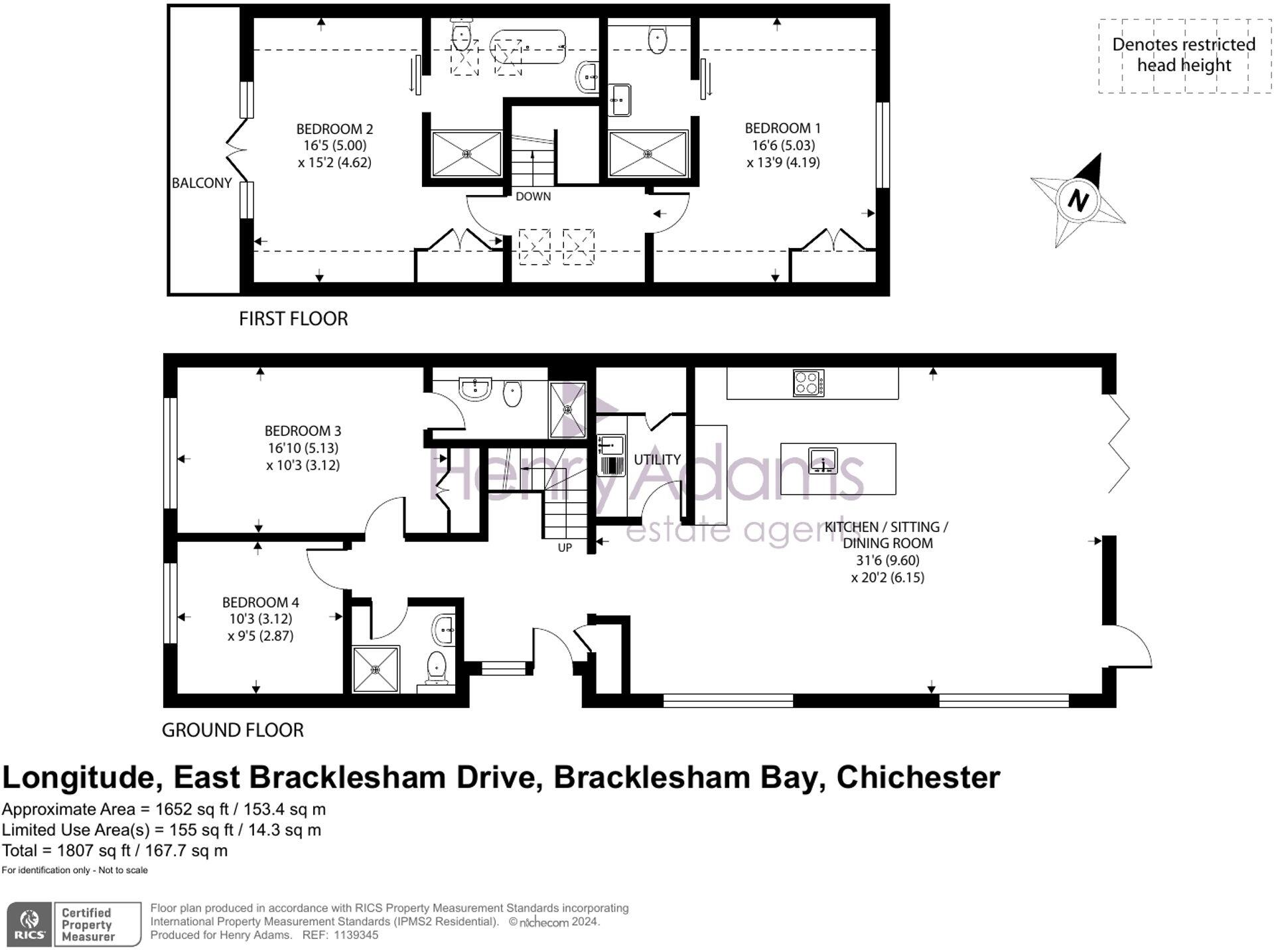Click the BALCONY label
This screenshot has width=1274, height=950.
click(202, 183)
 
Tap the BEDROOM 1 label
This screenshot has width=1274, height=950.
click(782, 128)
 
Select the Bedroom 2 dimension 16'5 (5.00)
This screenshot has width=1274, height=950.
click(334, 145)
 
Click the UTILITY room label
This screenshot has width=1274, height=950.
click(657, 459)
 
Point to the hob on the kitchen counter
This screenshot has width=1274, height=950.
click(808, 383)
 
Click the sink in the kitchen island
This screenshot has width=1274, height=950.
click(823, 460)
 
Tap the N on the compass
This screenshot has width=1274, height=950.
click(1078, 200)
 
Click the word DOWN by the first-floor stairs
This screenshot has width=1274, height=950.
click(533, 196)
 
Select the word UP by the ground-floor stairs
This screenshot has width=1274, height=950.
click(565, 547)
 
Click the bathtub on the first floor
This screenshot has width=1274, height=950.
click(528, 46)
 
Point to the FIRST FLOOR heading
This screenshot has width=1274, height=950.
click(293, 319)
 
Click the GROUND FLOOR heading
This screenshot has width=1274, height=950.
click(232, 730)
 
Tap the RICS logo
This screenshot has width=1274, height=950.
click(29, 923)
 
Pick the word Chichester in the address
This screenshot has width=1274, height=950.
click(918, 778)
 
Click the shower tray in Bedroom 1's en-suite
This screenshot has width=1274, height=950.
click(648, 154)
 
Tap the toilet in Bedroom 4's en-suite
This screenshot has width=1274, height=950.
click(436, 666)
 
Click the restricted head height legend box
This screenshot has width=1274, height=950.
click(1184, 56)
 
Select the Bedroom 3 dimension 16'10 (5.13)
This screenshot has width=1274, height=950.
click(303, 448)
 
